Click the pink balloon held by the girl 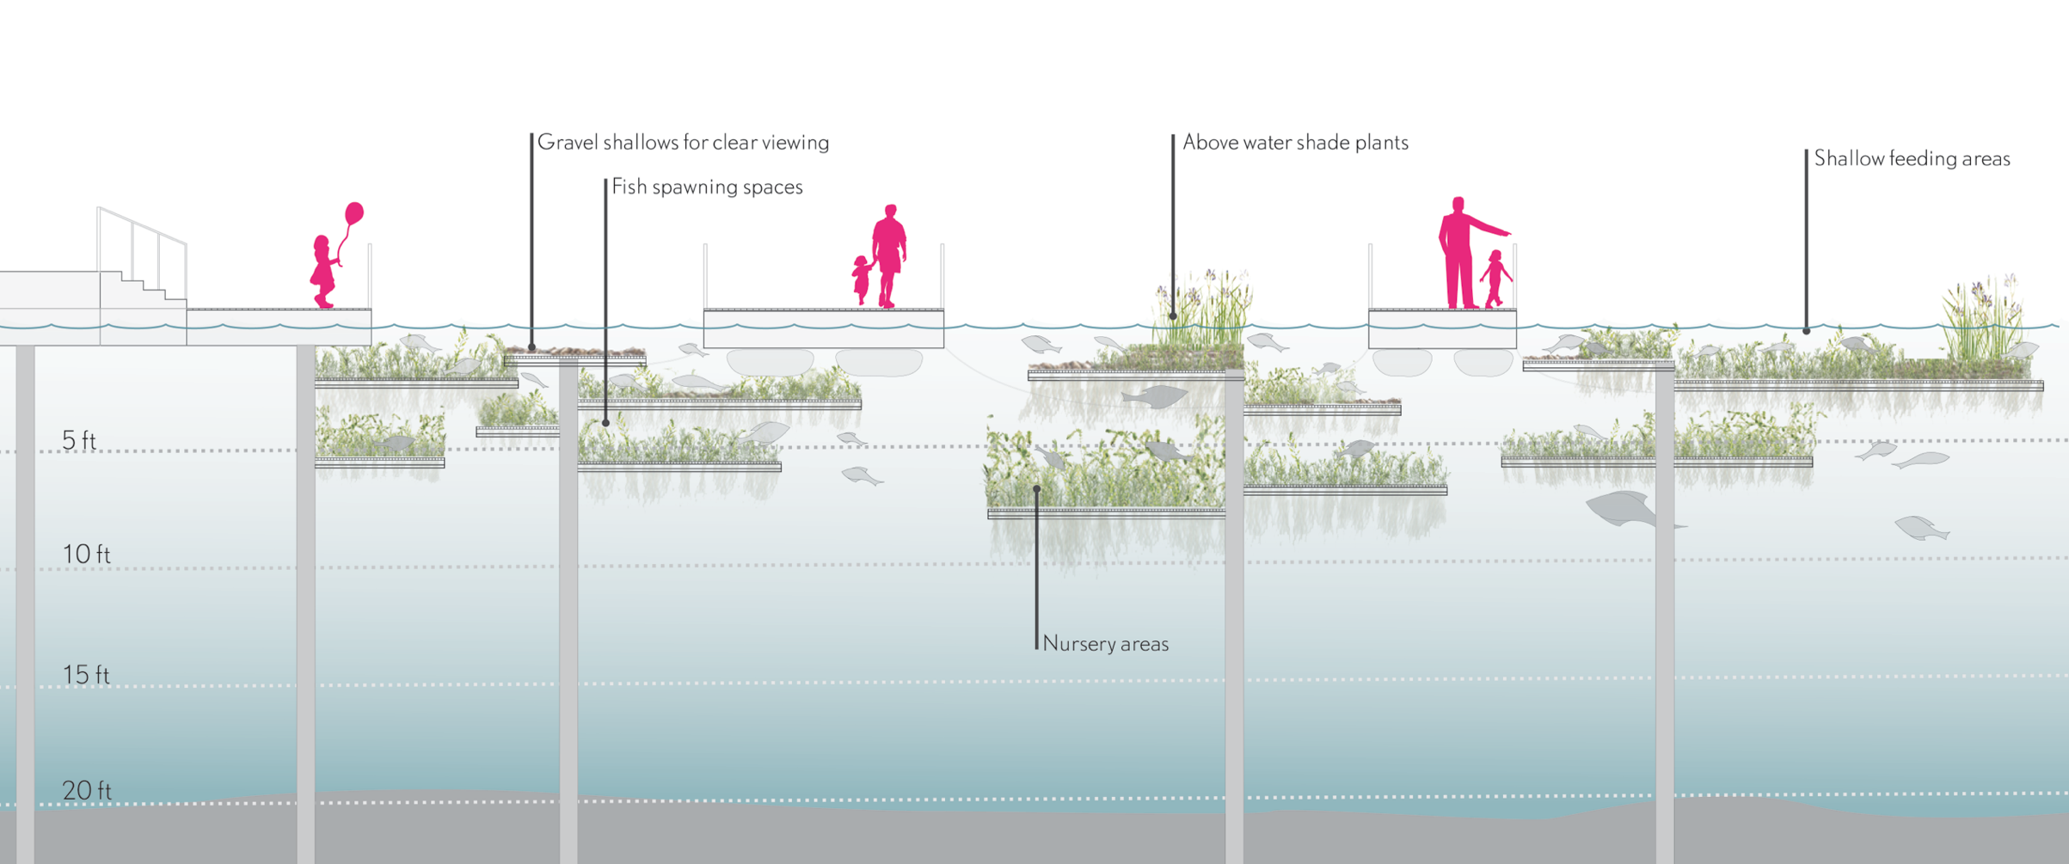tap(354, 213)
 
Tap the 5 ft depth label tap(78, 440)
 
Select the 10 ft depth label tap(86, 555)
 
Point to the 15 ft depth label tap(86, 675)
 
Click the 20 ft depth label tap(86, 790)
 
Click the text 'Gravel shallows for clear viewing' tap(683, 143)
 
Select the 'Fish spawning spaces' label tap(707, 187)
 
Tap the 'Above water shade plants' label tap(1295, 143)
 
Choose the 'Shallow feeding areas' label tap(1912, 159)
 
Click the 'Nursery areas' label tap(1105, 644)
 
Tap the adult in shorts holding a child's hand tap(888, 254)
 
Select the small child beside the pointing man tap(1495, 278)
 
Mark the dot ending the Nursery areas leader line tap(1037, 489)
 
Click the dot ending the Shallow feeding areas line tap(1806, 331)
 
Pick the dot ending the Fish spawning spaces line tap(606, 423)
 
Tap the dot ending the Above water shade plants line tap(1173, 316)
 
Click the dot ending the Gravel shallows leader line tap(532, 348)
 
